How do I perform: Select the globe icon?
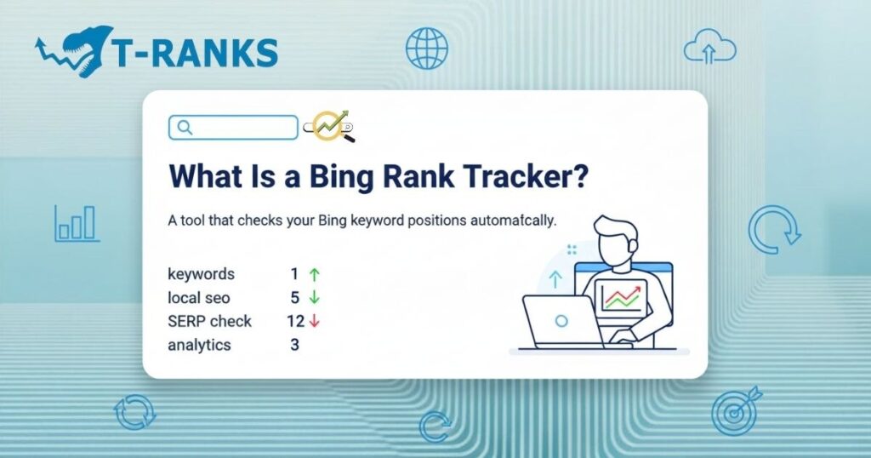click(426, 48)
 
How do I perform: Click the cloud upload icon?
click(709, 47)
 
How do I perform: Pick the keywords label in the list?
click(202, 274)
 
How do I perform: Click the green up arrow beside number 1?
click(314, 274)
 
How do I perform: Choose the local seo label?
click(199, 298)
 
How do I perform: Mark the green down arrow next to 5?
click(314, 298)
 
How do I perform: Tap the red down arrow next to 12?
click(314, 321)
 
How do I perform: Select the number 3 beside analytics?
click(294, 345)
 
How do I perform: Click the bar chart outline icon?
click(77, 223)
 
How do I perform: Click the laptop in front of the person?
click(561, 321)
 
